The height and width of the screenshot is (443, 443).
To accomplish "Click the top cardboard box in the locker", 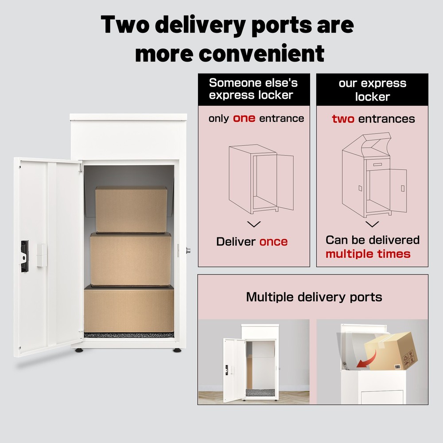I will (x=131, y=209).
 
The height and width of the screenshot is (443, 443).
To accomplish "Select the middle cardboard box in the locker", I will (x=131, y=260).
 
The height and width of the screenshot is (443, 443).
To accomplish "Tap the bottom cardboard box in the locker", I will (x=129, y=309).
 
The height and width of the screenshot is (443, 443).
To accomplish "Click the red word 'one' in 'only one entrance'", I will (x=244, y=118).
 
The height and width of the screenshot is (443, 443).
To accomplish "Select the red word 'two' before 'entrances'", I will (x=343, y=119).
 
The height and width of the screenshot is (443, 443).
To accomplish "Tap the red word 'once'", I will (x=273, y=241).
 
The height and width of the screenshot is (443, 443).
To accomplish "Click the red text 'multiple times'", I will (x=368, y=254).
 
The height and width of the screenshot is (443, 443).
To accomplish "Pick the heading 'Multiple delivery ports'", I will (x=314, y=296).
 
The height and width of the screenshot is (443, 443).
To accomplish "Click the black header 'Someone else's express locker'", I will (x=253, y=89).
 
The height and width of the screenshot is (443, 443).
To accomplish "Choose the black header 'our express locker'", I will (x=372, y=89).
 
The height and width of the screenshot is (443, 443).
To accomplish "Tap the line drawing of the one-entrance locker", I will (x=260, y=180).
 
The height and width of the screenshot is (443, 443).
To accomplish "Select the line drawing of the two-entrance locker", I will (x=373, y=177).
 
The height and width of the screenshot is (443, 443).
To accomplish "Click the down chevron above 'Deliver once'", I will (x=253, y=224).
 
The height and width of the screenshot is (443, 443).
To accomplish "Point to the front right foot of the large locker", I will (x=177, y=350).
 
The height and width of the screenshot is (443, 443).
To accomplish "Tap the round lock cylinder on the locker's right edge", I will (x=188, y=250).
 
